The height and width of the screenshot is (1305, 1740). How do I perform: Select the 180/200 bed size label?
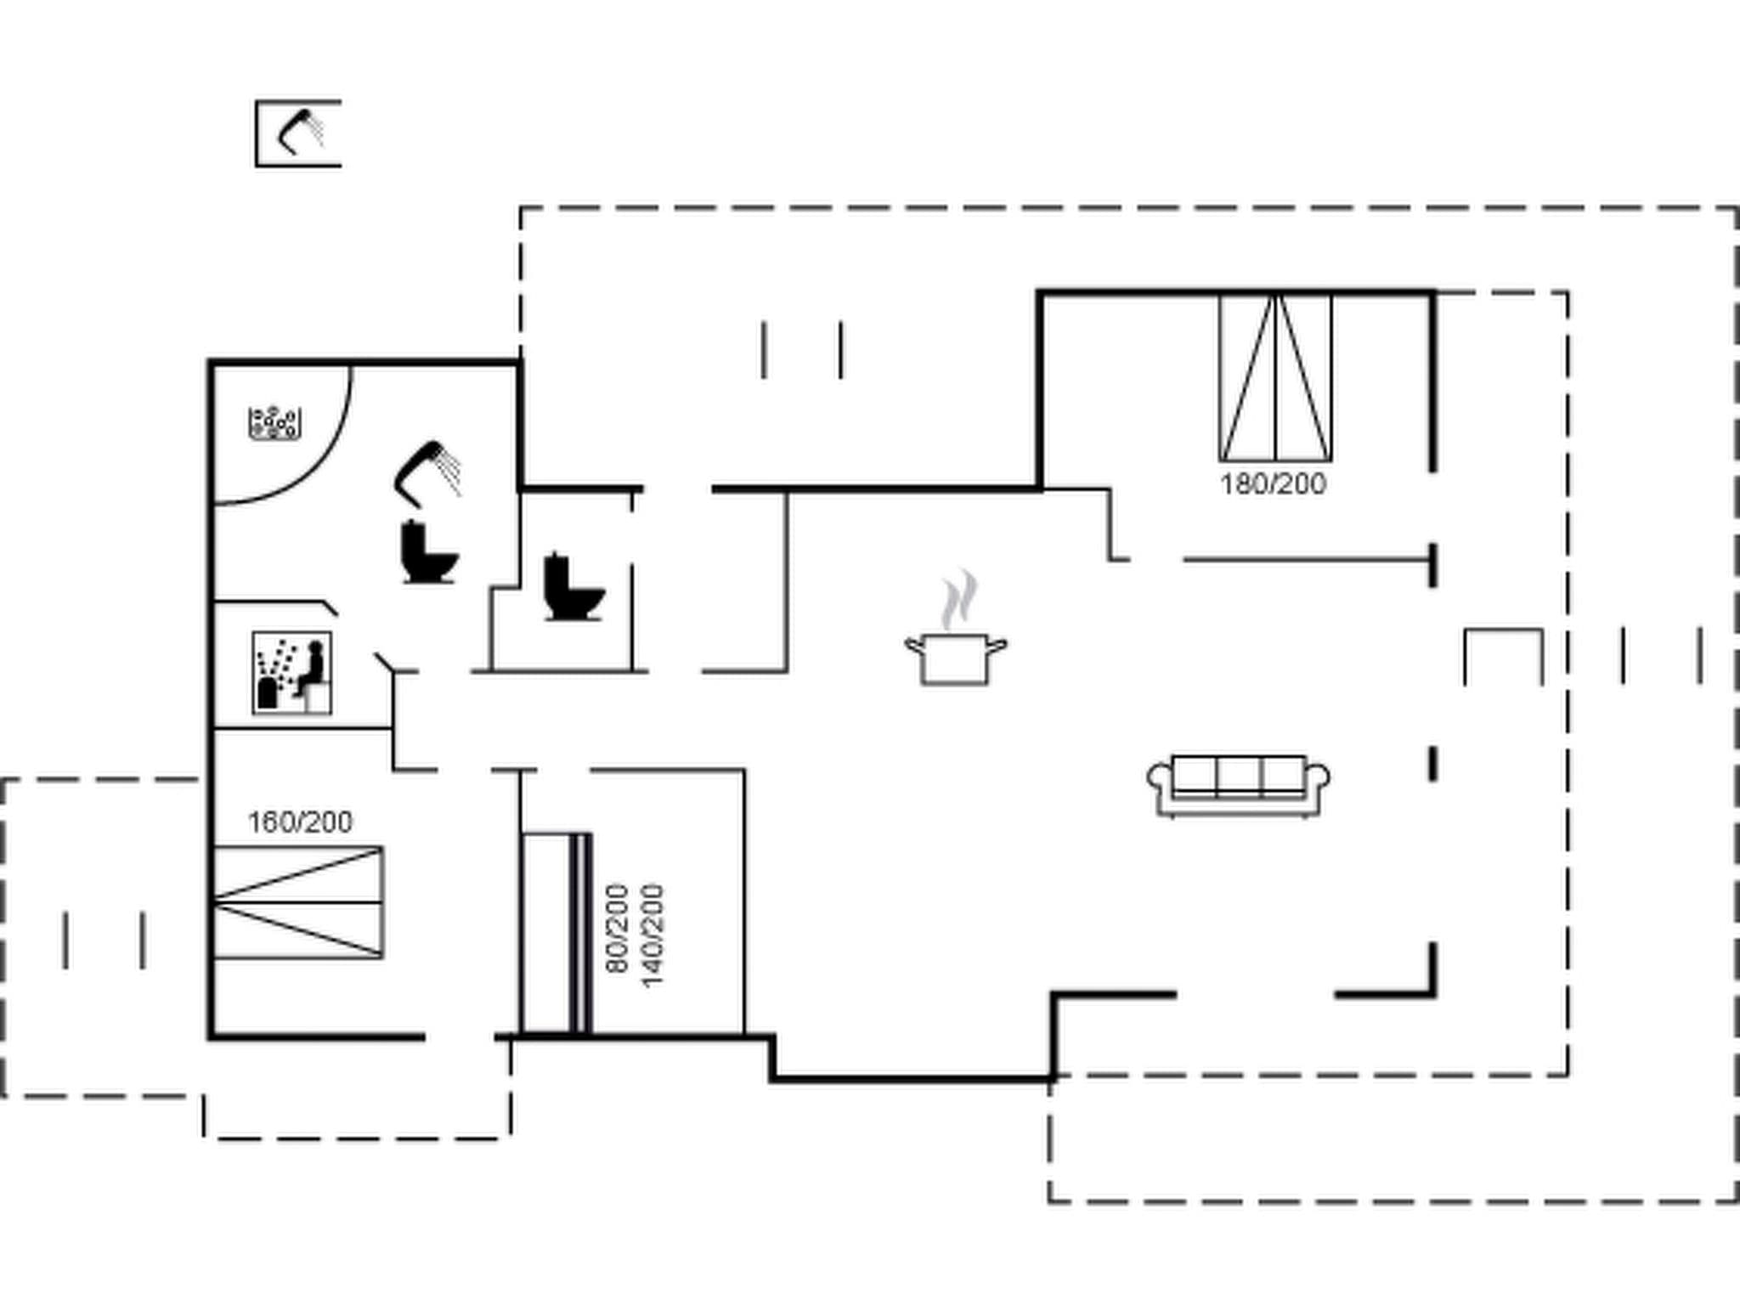[1273, 484]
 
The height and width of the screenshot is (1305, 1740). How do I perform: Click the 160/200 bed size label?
[300, 822]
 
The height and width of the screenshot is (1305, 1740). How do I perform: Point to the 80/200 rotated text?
[618, 928]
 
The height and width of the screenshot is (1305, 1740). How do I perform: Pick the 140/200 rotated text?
[652, 935]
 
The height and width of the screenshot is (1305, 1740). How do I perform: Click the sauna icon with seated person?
[291, 673]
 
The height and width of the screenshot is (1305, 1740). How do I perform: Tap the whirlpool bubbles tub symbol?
[274, 424]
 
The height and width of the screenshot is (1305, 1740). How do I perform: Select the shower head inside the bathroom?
[427, 472]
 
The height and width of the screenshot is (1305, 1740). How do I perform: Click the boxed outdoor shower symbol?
[298, 133]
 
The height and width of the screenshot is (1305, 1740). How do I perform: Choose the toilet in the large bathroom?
[427, 553]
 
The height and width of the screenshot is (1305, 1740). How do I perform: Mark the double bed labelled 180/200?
[1275, 377]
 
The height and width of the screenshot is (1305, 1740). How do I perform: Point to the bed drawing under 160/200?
[297, 902]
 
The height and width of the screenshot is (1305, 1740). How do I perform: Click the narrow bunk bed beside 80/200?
[555, 933]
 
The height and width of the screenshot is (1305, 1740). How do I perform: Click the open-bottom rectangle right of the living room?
[1503, 656]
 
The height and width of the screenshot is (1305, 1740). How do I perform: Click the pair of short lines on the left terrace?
[104, 940]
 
